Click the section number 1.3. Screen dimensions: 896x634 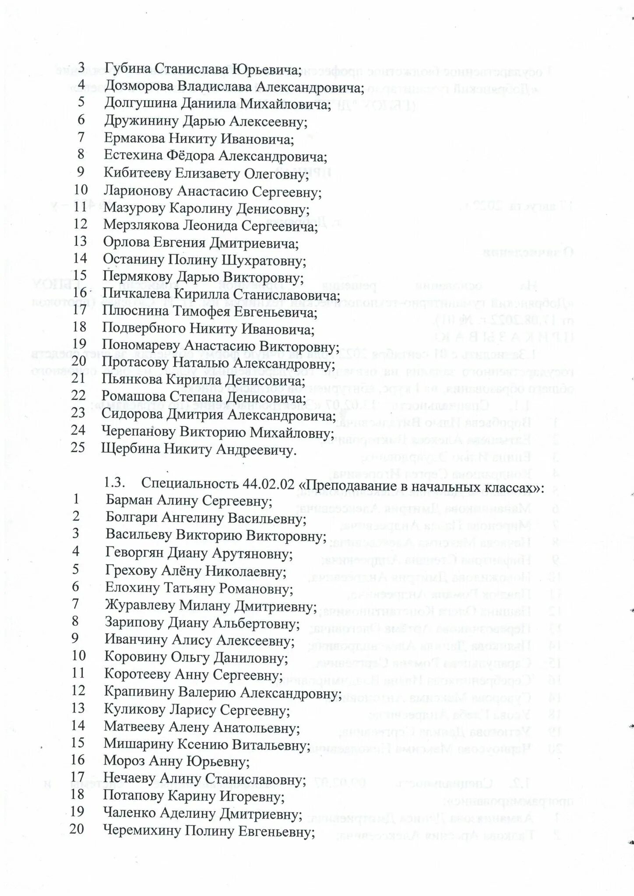click(115, 484)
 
